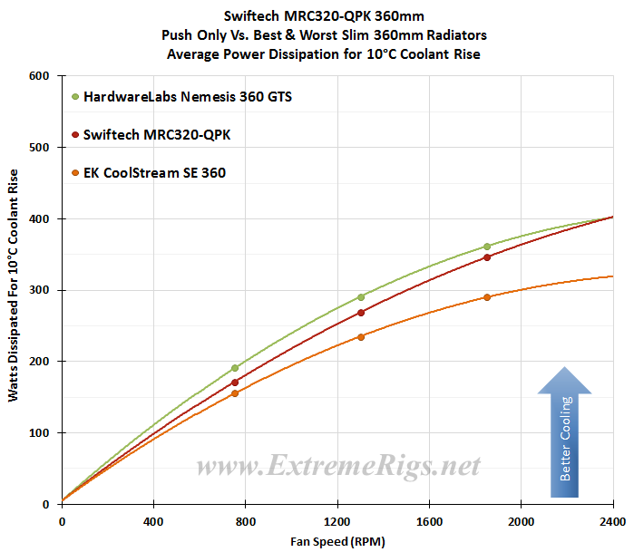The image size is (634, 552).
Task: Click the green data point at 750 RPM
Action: pyautogui.click(x=235, y=368)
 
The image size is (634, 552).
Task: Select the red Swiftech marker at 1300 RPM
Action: pyautogui.click(x=361, y=313)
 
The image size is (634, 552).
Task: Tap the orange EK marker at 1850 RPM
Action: pyautogui.click(x=487, y=297)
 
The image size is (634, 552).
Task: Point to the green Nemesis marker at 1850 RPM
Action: pyautogui.click(x=487, y=247)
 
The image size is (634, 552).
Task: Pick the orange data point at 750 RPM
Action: pyautogui.click(x=235, y=393)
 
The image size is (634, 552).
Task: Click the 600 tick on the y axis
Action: pyautogui.click(x=39, y=76)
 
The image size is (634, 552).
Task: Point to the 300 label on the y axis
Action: pyautogui.click(x=39, y=290)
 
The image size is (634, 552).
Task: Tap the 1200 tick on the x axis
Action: pyautogui.click(x=337, y=522)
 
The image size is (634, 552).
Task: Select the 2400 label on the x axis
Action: pyautogui.click(x=613, y=522)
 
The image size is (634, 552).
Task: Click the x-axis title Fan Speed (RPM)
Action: pyautogui.click(x=337, y=540)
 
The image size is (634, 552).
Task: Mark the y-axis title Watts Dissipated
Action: pyautogui.click(x=12, y=290)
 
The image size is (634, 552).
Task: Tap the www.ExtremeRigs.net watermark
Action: pyautogui.click(x=338, y=468)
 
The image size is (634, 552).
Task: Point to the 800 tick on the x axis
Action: pyautogui.click(x=246, y=522)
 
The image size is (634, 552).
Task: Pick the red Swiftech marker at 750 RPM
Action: pyautogui.click(x=235, y=383)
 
